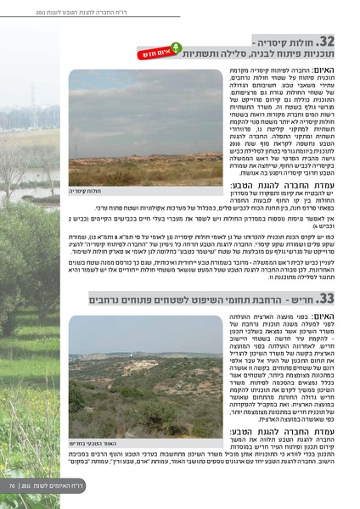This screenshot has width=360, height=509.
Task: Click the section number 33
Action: [326, 299]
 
